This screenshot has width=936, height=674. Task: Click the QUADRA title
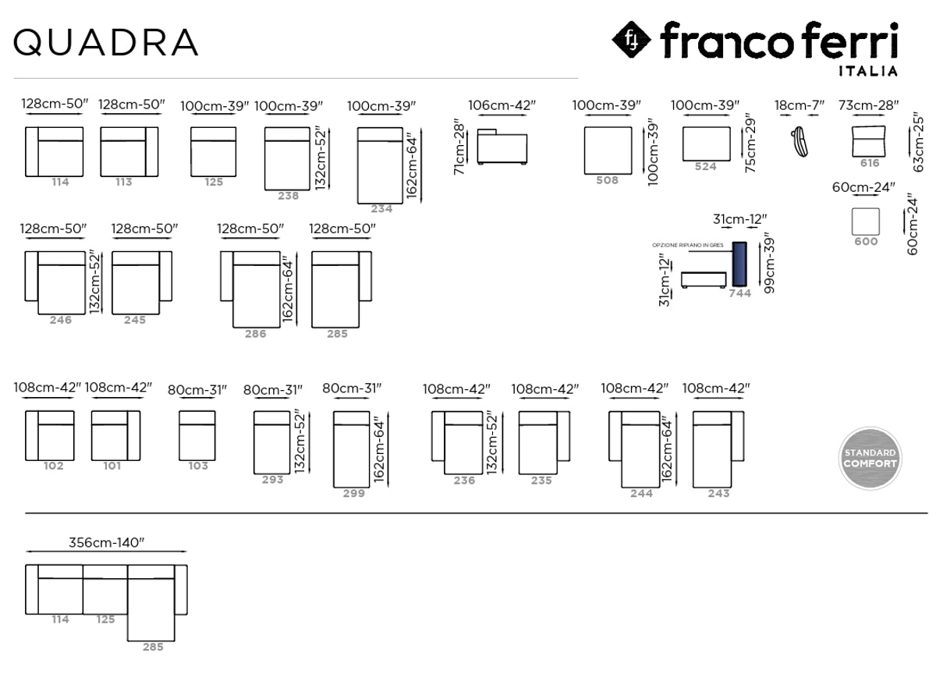[x=106, y=42]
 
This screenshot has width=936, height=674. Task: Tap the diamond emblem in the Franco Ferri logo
[x=631, y=40]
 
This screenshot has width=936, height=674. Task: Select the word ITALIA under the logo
[x=868, y=71]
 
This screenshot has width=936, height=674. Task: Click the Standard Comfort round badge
[x=870, y=458]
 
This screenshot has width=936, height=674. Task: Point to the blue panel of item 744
[x=739, y=264]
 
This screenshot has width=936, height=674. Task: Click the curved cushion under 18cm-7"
[x=799, y=142]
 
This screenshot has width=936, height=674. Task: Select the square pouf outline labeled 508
[x=608, y=151]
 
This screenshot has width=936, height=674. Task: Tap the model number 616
[x=870, y=163]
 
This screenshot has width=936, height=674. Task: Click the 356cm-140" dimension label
[x=107, y=542]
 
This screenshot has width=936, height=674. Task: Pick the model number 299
[x=354, y=494]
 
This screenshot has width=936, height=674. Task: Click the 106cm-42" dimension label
[x=502, y=105]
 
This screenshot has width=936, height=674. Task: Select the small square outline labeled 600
[x=865, y=222]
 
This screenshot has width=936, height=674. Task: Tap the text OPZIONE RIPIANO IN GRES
[x=688, y=245]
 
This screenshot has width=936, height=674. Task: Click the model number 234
[x=381, y=209]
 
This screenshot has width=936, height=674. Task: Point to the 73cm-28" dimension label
[x=868, y=105]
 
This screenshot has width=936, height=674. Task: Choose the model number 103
[x=198, y=466]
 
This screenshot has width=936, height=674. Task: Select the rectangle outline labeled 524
[x=707, y=144]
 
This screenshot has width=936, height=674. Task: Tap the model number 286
[x=255, y=334]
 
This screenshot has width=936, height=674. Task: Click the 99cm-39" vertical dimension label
[x=769, y=266]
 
